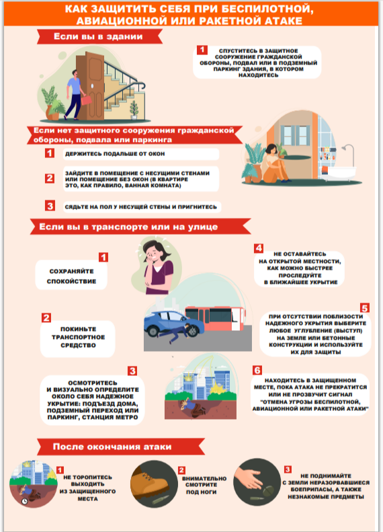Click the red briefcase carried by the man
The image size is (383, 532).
[x=87, y=100]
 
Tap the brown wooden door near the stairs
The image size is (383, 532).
[x=91, y=86]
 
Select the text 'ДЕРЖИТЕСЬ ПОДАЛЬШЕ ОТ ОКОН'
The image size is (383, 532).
[x=115, y=154]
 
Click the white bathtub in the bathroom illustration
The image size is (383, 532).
[x=339, y=172]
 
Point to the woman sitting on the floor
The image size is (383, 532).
[x=275, y=163]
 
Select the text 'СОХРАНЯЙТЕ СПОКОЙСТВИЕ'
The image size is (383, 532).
[x=71, y=276]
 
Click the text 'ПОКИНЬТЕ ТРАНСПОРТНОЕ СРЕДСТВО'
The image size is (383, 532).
[x=79, y=337]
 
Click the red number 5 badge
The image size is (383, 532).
[x=365, y=308]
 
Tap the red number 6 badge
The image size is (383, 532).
[x=257, y=370]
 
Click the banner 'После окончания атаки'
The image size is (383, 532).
[x=121, y=447]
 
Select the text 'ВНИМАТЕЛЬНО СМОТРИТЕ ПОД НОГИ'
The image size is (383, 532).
[x=204, y=485]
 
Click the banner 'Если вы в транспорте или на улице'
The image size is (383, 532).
[x=140, y=227]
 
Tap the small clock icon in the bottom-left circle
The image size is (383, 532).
[x=24, y=501]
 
